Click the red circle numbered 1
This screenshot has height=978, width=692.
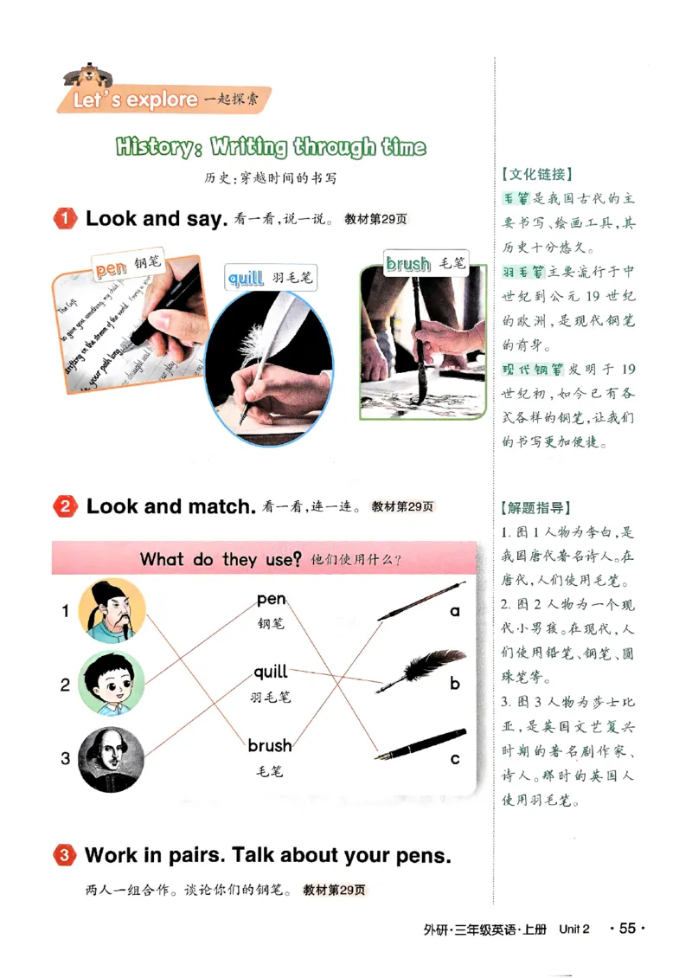(x=66, y=219)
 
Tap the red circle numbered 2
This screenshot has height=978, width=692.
(x=66, y=507)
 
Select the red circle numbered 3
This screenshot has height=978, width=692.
(x=66, y=857)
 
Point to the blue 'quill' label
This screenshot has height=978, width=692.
(x=245, y=278)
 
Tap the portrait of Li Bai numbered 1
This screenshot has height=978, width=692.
(x=112, y=611)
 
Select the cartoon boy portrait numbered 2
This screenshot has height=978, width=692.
(x=112, y=684)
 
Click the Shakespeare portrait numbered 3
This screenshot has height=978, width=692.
(x=112, y=759)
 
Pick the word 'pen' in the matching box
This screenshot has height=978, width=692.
(x=271, y=599)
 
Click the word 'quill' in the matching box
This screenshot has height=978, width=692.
(x=270, y=672)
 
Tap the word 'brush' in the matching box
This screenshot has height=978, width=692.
(x=270, y=745)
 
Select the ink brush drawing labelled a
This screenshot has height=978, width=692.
(x=420, y=603)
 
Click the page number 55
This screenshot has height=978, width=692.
(x=627, y=929)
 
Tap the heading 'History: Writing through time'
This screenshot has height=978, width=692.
(x=271, y=146)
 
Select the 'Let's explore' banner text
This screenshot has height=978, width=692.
(x=135, y=100)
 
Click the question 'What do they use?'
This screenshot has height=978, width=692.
(x=220, y=559)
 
